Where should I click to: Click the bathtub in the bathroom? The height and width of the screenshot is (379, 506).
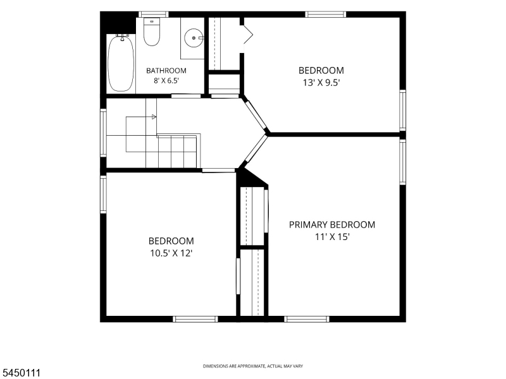[x=121, y=64]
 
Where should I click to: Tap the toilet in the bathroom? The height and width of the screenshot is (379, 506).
[x=152, y=32]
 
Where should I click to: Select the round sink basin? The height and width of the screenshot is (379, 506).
[x=194, y=38]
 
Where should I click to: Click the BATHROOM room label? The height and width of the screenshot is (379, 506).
[x=166, y=71]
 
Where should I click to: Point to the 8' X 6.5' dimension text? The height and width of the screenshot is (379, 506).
[x=166, y=81]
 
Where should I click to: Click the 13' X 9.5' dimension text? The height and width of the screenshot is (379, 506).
[x=321, y=83]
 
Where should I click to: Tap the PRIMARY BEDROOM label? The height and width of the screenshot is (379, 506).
[x=332, y=225]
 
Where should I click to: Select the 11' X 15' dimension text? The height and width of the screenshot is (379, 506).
[x=333, y=238]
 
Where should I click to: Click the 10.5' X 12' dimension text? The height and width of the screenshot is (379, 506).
[x=171, y=253]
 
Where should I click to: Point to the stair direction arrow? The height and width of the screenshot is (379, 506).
[x=154, y=117]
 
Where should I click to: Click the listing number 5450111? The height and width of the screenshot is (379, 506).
[x=20, y=373]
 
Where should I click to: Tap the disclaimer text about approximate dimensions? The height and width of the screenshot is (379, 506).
[x=252, y=366]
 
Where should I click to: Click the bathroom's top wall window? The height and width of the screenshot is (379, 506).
[x=154, y=14]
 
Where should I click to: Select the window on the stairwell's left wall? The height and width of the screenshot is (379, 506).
[x=103, y=133]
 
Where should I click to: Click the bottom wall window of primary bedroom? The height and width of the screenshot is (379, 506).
[x=307, y=319]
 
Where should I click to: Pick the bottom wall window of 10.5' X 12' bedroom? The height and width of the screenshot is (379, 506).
[x=195, y=319]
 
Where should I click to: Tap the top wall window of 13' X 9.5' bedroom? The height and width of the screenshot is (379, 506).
[x=326, y=14]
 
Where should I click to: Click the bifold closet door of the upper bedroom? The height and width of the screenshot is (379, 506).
[x=248, y=35]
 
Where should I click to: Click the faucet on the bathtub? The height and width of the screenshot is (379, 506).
[x=122, y=37]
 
